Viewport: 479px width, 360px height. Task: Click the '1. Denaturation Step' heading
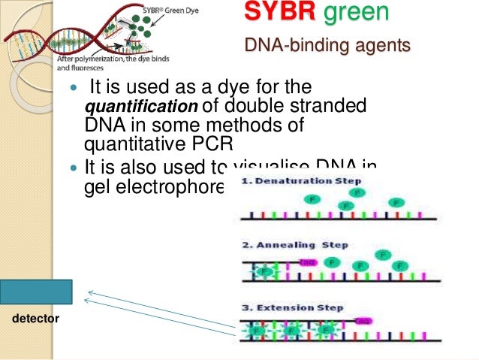point(300,181)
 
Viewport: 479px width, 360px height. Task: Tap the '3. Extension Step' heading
point(293,308)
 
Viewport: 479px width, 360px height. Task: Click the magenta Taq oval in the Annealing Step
point(308,262)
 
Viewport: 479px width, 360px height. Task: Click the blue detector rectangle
point(36,292)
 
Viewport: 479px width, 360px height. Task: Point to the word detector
point(36,320)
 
